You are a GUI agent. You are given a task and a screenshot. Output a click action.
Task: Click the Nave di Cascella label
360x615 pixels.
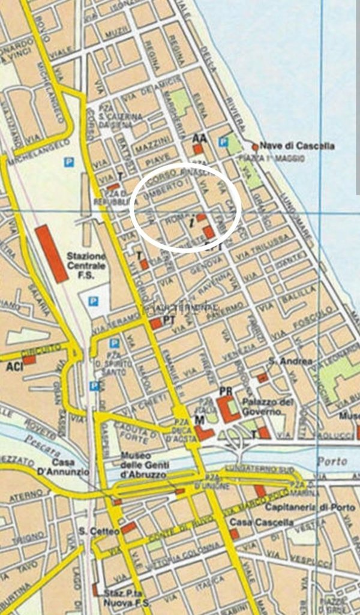[298, 146]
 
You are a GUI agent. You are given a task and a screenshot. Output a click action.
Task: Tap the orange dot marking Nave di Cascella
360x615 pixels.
[255, 146]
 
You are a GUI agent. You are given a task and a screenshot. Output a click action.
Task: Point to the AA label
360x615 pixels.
[200, 139]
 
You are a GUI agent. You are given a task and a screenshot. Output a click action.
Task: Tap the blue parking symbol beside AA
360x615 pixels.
[223, 142]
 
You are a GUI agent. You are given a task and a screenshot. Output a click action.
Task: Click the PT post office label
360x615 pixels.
[169, 320]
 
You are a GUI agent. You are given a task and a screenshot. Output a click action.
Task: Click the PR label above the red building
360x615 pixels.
[226, 391]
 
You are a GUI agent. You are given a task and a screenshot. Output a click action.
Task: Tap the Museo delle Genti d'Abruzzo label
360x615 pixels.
[144, 464]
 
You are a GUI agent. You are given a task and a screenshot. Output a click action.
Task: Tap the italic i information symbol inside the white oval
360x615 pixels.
[191, 222]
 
